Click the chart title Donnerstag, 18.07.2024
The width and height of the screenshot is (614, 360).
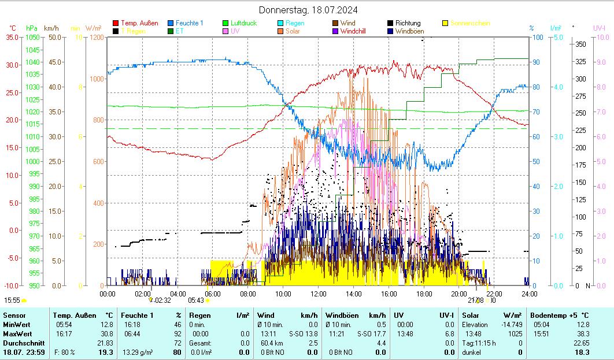[308, 10]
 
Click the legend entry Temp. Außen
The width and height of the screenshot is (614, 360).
[139, 23]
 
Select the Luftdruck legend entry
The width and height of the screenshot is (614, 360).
[243, 23]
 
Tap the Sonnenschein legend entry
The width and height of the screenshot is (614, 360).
[470, 23]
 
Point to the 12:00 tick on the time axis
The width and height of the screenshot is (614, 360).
[319, 294]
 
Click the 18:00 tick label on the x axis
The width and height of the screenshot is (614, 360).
[424, 294]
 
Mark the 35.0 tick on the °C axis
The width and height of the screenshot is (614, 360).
[12, 38]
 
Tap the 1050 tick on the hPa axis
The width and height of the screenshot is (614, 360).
[32, 38]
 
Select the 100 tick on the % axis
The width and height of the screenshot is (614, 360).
[537, 38]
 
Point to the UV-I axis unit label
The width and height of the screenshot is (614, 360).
[599, 28]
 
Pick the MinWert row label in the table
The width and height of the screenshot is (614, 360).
[18, 325]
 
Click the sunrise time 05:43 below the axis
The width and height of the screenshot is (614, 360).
[196, 300]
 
